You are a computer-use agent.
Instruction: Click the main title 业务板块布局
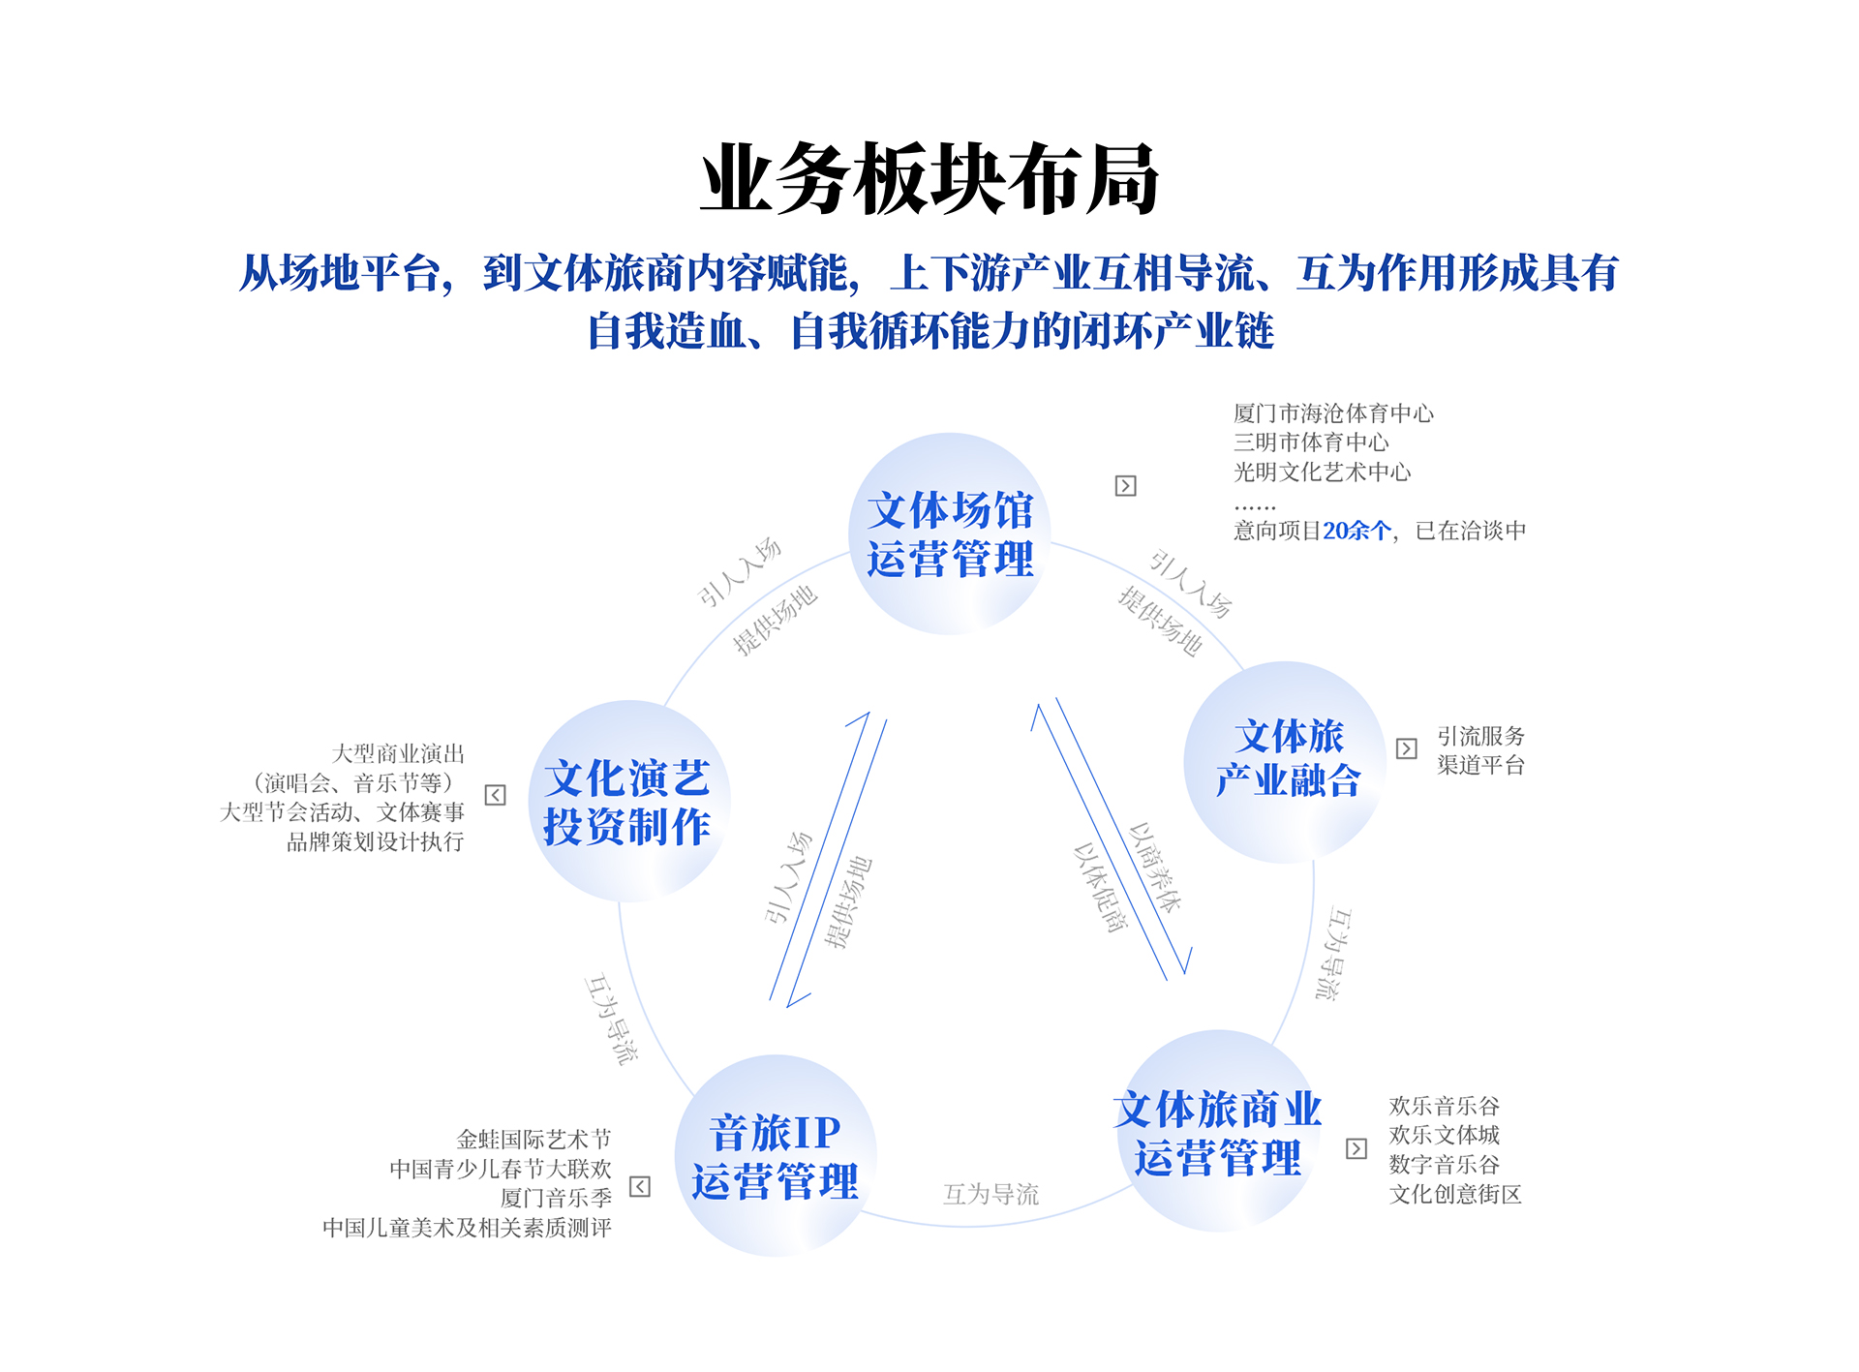(x=929, y=179)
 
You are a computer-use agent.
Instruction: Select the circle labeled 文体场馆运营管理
(x=949, y=534)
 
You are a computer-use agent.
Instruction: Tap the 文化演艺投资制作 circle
(x=627, y=802)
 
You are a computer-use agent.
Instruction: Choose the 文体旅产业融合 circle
(x=1286, y=761)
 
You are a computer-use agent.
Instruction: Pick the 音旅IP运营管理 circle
(x=775, y=1156)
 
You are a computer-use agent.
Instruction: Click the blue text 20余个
(x=1357, y=531)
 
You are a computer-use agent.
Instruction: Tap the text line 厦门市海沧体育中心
(x=1333, y=413)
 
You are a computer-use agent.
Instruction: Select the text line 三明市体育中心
(x=1311, y=442)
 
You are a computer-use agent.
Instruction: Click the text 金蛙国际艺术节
(x=533, y=1140)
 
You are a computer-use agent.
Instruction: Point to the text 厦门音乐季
(x=556, y=1199)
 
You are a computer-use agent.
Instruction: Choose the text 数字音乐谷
(x=1444, y=1165)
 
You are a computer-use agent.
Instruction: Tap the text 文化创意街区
(x=1455, y=1194)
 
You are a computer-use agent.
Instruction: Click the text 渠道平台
(x=1480, y=765)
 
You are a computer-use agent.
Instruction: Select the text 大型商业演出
(x=398, y=753)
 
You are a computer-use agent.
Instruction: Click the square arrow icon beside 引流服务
(x=1406, y=748)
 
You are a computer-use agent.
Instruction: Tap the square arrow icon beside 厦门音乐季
(x=640, y=1187)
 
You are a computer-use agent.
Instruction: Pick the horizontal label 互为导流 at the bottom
(x=990, y=1194)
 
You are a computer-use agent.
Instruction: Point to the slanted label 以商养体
(x=1155, y=868)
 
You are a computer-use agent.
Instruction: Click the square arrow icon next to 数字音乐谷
(x=1356, y=1148)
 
